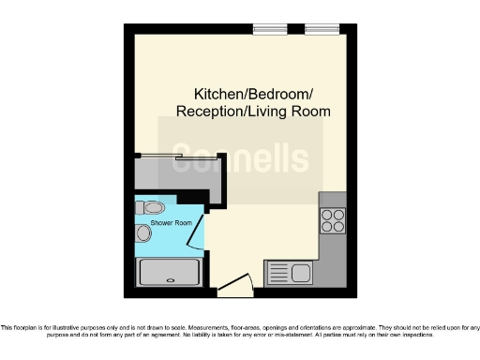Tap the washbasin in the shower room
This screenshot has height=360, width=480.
[143, 232]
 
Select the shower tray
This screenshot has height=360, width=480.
[170, 273]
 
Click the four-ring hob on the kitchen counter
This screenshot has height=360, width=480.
[333, 220]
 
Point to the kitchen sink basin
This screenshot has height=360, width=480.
[301, 273]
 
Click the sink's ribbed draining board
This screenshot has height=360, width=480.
[278, 273]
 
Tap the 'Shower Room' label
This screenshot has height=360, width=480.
[171, 222]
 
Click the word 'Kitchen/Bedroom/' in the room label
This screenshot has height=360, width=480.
[253, 94]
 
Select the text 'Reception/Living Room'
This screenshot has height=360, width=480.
[253, 111]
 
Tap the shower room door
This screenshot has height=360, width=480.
[197, 231]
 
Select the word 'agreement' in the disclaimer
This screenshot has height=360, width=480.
[196, 334]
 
